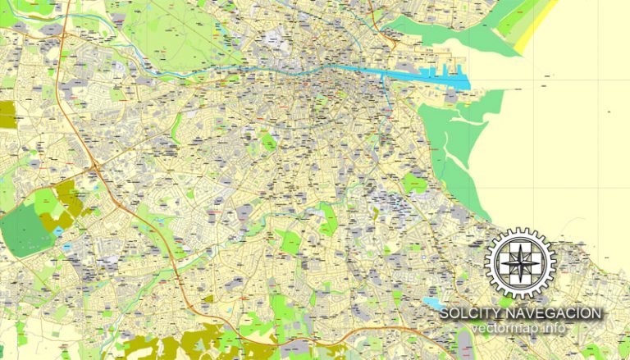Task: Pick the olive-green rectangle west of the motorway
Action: tap(7, 115)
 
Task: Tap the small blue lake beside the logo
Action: tap(432, 303)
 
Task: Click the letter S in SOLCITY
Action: tap(445, 313)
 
